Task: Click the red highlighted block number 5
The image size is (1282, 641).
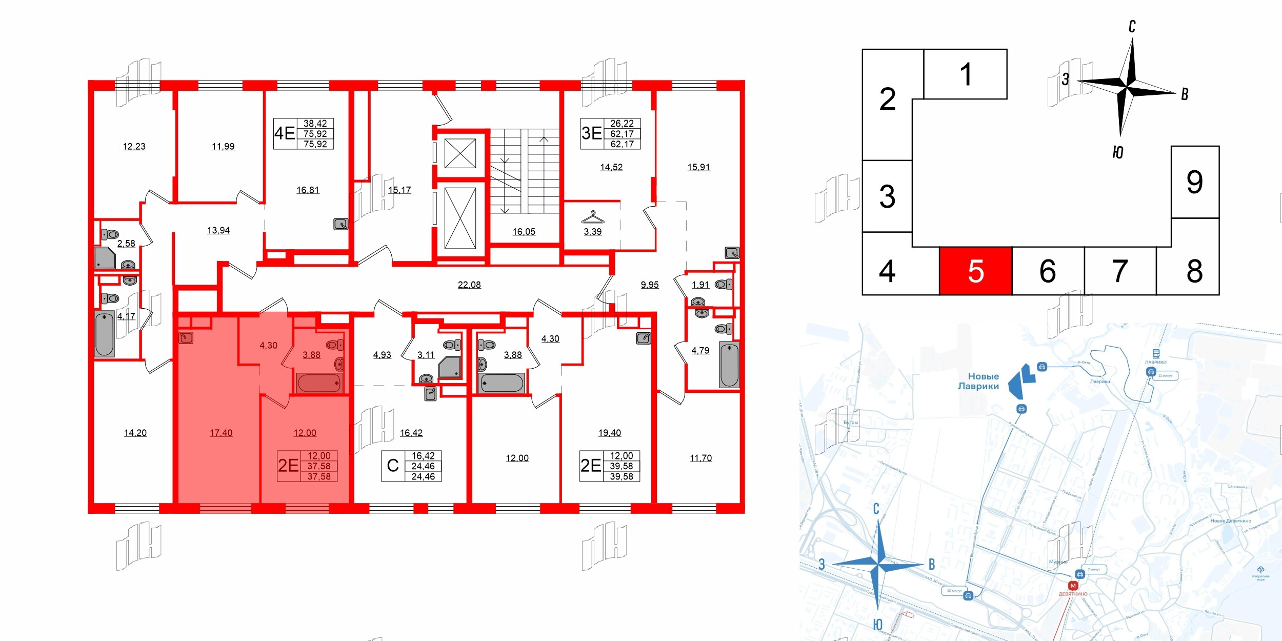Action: [x=975, y=271]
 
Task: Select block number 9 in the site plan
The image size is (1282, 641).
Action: [x=1194, y=182]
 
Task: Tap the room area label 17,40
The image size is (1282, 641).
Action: [x=221, y=433]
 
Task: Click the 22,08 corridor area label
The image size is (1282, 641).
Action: [x=469, y=285]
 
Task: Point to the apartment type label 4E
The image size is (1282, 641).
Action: [x=285, y=133]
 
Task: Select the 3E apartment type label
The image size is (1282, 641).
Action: [x=591, y=133]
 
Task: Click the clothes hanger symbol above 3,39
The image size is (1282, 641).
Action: [x=592, y=217]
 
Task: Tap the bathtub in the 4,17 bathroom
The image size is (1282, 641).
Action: [x=105, y=334]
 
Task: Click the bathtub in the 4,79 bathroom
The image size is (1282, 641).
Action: [x=729, y=365]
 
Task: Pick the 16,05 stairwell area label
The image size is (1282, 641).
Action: [x=524, y=232]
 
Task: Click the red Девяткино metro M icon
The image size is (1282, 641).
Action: [x=1073, y=586]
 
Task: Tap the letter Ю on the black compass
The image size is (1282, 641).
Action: [x=1118, y=152]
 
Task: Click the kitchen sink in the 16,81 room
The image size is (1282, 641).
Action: [x=341, y=224]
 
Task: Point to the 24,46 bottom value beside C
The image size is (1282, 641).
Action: [x=423, y=476]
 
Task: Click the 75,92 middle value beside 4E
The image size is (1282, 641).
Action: [x=315, y=134]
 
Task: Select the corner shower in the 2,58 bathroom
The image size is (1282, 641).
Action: [x=105, y=258]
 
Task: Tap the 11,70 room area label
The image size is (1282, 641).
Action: [x=700, y=458]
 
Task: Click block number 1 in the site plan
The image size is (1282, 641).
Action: [x=966, y=74]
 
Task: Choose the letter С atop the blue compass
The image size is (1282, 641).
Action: [x=876, y=509]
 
